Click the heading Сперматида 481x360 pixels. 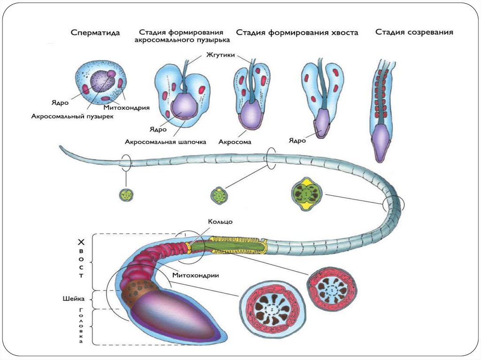pyautogui.click(x=95, y=33)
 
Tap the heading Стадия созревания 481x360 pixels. pyautogui.click(x=414, y=32)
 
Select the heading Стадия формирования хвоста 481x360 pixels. pyautogui.click(x=297, y=33)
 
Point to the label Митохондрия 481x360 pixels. pyautogui.click(x=130, y=107)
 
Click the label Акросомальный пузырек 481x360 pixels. pyautogui.click(x=72, y=116)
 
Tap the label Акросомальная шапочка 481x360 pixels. pyautogui.click(x=165, y=141)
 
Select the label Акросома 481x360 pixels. pyautogui.click(x=235, y=141)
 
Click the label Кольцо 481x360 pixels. pyautogui.click(x=220, y=221)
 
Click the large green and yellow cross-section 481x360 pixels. pyautogui.click(x=307, y=192)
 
